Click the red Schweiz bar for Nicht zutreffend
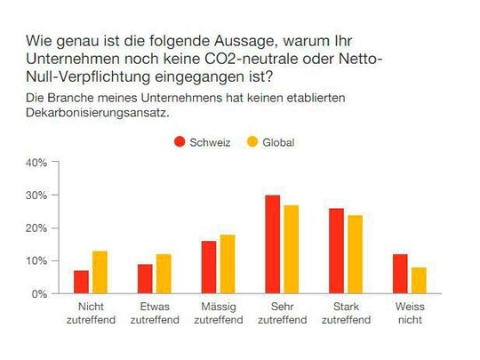[x=81, y=282]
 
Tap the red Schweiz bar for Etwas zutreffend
[x=146, y=278]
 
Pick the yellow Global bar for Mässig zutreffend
[x=228, y=264]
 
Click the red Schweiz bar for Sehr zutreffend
[x=274, y=244]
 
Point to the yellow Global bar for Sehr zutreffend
[x=292, y=249]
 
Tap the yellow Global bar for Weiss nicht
[x=420, y=280]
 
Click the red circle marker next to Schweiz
[x=180, y=142]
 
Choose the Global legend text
[x=277, y=142]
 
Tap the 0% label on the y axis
[x=37, y=293]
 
